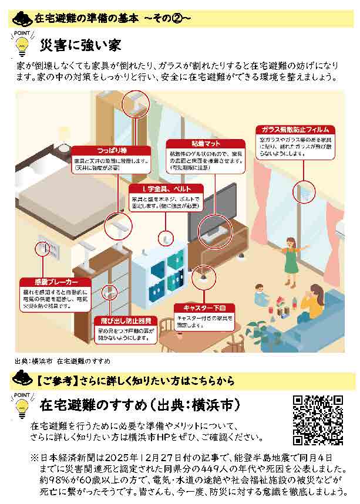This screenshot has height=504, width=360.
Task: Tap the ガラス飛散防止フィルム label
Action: [x=295, y=129]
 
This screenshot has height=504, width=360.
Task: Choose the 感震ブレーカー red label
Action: [x=50, y=282]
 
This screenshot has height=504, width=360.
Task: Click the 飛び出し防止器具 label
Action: [x=123, y=321]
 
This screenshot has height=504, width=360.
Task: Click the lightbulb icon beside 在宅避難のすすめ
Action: [x=22, y=406]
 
